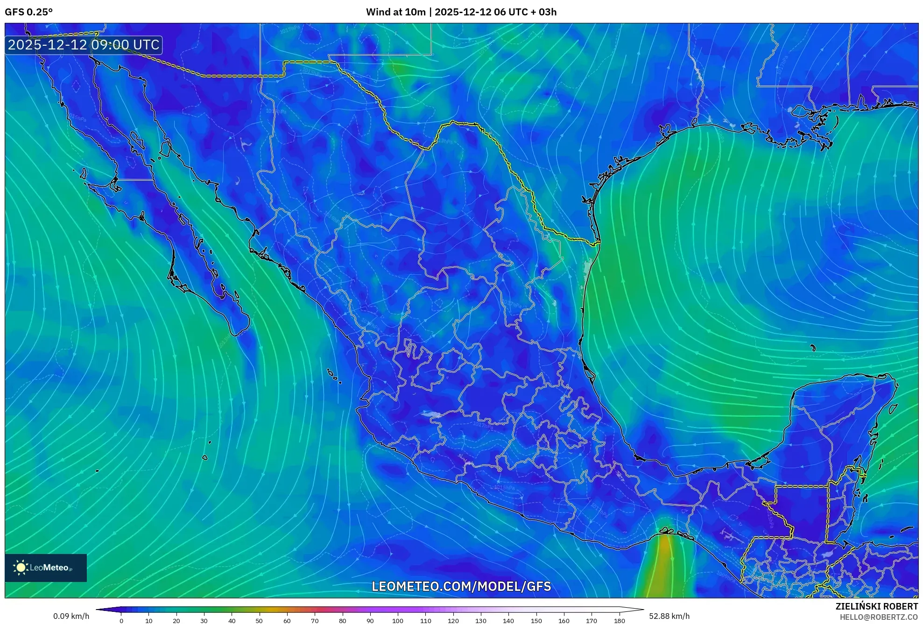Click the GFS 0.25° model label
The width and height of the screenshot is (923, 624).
coord(28,12)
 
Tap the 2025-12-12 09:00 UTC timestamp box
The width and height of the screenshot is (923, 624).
coord(84,45)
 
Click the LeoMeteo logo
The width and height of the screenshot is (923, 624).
coord(46,568)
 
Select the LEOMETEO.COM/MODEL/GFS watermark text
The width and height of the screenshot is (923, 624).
coord(461,586)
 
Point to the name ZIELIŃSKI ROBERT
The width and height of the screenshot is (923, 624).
coord(876,606)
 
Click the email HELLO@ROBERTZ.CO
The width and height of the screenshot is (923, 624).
coord(879,617)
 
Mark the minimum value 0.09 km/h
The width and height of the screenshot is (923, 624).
coord(71,616)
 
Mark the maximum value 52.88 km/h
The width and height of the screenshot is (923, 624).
coord(669,616)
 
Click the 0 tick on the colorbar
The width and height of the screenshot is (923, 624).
coord(121,621)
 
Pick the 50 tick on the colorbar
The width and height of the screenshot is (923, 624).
coord(259,621)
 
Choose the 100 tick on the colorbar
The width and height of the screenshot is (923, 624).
coord(397,621)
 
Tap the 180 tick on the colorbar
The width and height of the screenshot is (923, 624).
coord(619,621)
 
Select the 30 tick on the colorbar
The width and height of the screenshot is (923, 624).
coord(204,621)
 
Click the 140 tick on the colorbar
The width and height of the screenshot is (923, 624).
coord(508,621)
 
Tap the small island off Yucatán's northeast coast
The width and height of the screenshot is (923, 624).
coord(893,409)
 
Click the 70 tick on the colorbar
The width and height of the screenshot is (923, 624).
coord(315,621)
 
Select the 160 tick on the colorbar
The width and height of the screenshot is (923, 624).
coord(564,621)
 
